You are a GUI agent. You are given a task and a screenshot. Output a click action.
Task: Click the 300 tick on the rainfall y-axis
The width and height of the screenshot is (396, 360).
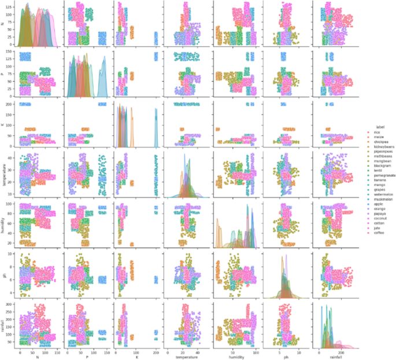click(12, 303)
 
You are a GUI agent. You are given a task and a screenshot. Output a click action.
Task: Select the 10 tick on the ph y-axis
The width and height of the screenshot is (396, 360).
click(13, 254)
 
